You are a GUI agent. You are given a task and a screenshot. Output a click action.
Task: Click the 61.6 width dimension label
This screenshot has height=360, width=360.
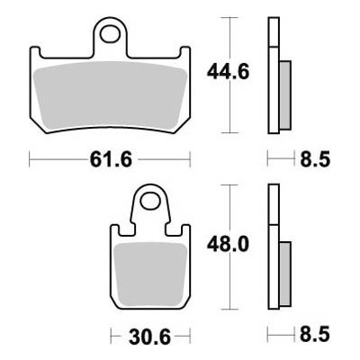(111, 159)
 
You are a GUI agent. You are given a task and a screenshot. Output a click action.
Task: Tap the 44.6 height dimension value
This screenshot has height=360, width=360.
(228, 72)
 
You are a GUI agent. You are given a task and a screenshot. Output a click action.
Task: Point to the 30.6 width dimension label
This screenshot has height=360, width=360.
(149, 337)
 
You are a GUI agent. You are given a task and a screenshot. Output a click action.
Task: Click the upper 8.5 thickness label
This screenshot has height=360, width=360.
(315, 159)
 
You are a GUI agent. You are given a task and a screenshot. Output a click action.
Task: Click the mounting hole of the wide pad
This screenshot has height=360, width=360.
(111, 34)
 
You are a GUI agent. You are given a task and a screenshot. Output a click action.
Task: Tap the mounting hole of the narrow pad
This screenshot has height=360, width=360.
(150, 202)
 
